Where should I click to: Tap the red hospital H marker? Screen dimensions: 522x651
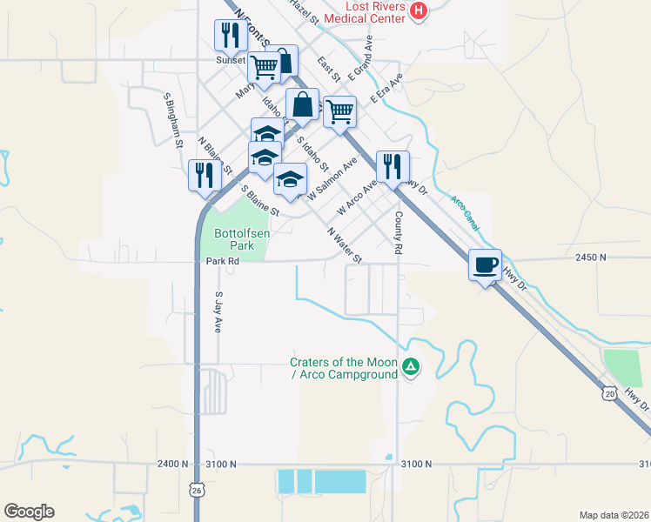coord(419,10)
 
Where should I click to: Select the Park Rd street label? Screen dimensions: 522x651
coord(222,261)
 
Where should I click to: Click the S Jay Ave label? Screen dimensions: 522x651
coord(218,312)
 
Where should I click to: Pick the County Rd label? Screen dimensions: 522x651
coord(399,232)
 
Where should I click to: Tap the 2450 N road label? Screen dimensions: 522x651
coord(590,258)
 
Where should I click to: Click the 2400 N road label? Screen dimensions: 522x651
coord(172,465)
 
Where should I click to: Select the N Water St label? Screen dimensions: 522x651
coord(345,245)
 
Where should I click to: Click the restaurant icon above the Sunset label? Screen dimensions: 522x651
coord(230,36)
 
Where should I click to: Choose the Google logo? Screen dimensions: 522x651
coord(29,512)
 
